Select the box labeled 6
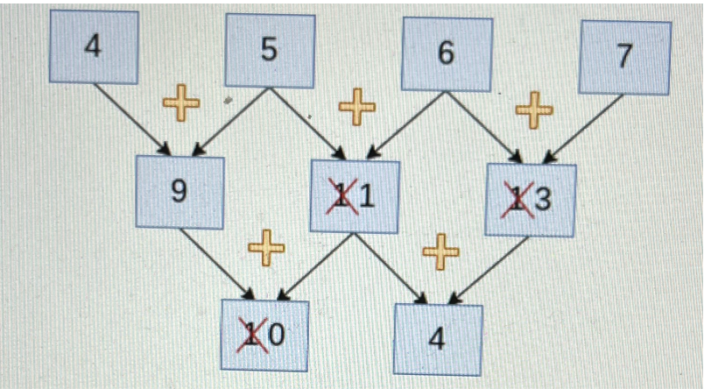coord(447,54)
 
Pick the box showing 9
coord(180,191)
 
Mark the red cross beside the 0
coord(253,336)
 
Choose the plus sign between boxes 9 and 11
coord(266,248)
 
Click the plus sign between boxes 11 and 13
coord(440,252)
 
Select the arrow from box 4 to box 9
coord(130,117)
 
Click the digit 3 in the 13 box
coord(543,202)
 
